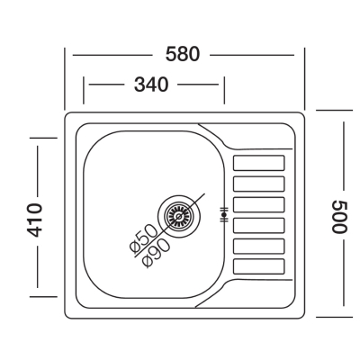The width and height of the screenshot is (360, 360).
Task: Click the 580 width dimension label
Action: point(183,55)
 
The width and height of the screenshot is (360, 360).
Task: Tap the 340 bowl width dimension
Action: point(151,85)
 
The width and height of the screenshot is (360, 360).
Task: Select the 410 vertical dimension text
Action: point(34,220)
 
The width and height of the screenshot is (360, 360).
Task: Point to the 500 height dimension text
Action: point(339,217)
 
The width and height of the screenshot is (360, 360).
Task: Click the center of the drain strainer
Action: point(179,216)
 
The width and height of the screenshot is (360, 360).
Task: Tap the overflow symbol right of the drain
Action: point(224,215)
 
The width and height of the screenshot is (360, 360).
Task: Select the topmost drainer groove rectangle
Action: point(258,163)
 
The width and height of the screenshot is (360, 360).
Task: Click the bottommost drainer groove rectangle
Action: point(258,266)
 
